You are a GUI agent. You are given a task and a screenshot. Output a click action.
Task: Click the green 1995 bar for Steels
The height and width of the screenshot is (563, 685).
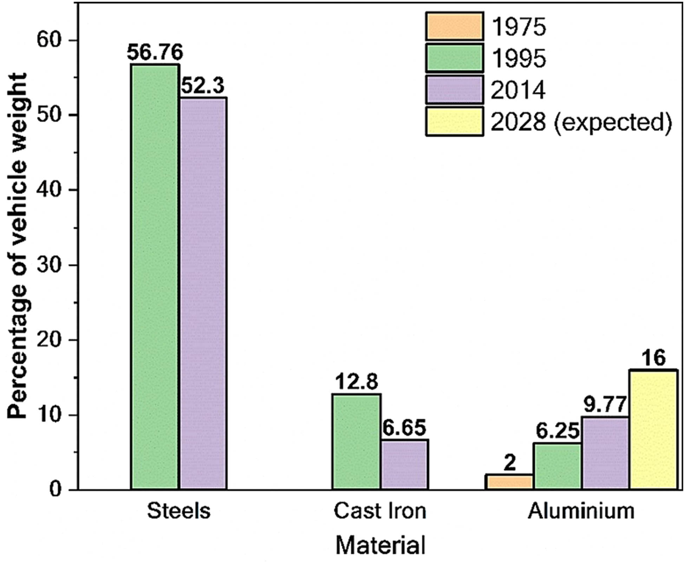coord(155,277)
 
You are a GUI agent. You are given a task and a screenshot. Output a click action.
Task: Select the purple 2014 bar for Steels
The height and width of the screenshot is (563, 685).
coord(203,293)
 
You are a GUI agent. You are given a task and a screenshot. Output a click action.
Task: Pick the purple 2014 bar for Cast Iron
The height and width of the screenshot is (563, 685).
coord(404,465)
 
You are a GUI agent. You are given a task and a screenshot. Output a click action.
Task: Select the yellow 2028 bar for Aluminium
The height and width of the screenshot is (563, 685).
coord(653,430)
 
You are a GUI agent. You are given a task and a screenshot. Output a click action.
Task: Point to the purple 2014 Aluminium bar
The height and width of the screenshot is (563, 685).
coord(605,453)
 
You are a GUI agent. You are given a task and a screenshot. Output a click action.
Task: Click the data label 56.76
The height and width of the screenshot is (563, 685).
coord(155,53)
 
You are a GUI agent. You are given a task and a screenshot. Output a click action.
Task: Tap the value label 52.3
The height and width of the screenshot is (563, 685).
coord(203,85)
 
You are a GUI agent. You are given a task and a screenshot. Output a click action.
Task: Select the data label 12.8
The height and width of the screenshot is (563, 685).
coord(357,381)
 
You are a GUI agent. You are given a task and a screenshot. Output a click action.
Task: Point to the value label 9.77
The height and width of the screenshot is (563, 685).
coord(605,405)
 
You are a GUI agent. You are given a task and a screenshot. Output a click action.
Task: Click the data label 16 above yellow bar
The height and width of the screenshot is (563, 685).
coord(653,358)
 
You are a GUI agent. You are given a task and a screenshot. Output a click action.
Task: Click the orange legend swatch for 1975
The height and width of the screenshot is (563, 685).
coord(454,27)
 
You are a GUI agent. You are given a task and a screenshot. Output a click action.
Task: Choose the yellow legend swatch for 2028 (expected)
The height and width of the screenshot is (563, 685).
coord(454,122)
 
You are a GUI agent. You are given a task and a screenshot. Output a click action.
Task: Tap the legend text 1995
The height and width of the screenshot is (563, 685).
coord(518,58)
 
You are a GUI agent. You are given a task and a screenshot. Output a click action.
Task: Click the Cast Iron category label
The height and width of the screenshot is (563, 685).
coord(380,511)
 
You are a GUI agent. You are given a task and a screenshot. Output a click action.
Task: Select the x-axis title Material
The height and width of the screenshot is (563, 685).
coord(380,545)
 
